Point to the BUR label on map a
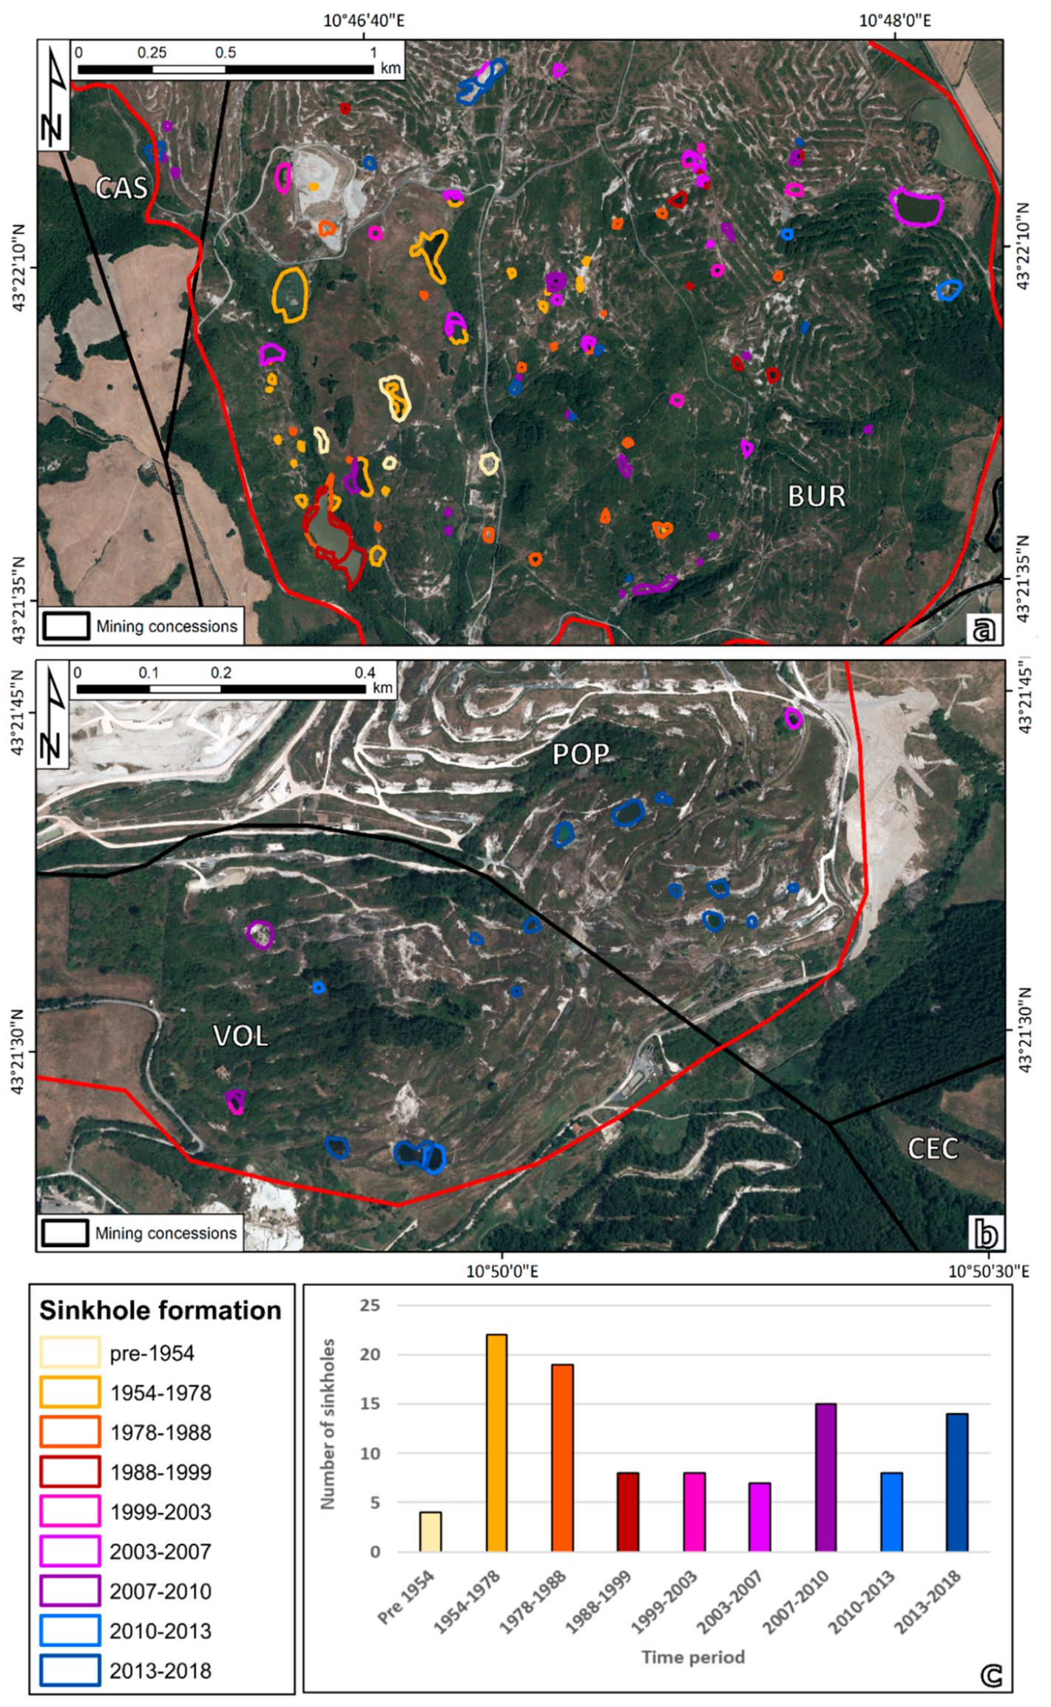click(x=817, y=496)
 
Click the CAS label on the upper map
click(x=122, y=188)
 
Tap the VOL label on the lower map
click(x=240, y=1035)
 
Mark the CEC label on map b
click(x=933, y=1148)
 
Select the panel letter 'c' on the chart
click(x=991, y=1675)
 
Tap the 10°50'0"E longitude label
click(x=502, y=1271)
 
